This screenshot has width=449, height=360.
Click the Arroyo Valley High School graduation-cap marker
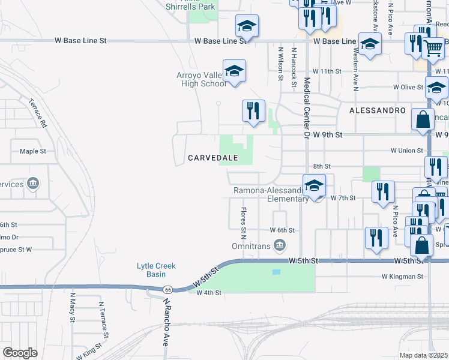tap(234, 73)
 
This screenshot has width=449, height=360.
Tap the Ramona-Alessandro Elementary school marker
tap(313, 186)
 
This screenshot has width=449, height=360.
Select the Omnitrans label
tap(252, 246)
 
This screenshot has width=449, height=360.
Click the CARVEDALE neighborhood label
tap(213, 158)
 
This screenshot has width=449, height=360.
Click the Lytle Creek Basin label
tap(151, 270)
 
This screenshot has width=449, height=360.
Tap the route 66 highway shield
tap(169, 289)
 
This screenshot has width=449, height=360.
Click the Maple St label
tap(33, 151)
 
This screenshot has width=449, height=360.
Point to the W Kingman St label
tap(402, 277)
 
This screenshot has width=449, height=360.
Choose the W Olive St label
tap(408, 87)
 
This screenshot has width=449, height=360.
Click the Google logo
tap(20, 353)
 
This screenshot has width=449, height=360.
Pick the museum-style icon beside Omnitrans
tap(279, 245)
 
